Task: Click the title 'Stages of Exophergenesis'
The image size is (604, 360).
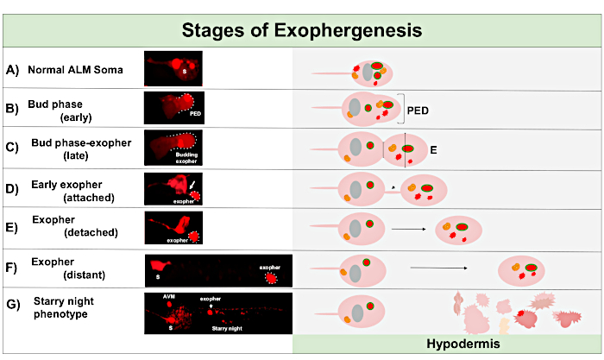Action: point(301,31)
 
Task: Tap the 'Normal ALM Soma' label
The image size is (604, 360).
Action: point(74,69)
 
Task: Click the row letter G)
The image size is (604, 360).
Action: point(12,304)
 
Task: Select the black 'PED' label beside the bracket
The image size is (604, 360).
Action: point(418,111)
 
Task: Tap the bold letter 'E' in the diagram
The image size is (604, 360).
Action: point(434,150)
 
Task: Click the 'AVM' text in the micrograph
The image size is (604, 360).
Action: point(171,297)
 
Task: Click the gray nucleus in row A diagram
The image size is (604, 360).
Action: point(368,73)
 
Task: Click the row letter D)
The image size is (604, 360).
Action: point(12,186)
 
